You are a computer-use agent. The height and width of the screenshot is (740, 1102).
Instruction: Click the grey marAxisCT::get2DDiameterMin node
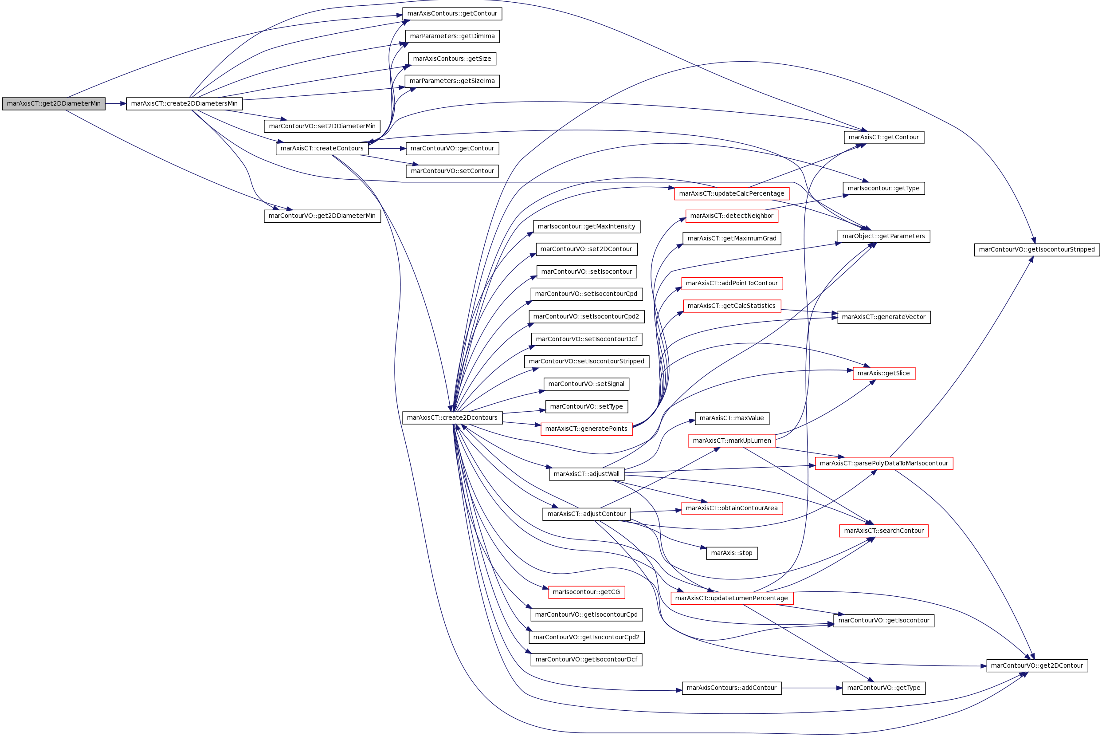54,104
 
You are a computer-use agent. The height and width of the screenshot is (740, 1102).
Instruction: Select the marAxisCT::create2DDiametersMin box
184,104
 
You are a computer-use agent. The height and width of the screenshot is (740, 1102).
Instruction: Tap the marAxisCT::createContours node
322,149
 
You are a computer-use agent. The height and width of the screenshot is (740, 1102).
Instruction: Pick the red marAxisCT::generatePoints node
586,429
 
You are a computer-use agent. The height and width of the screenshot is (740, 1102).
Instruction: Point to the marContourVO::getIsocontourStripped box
1037,250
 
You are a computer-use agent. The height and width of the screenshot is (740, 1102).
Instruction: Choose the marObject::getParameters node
883,236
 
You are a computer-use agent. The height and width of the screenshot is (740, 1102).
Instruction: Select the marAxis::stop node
732,553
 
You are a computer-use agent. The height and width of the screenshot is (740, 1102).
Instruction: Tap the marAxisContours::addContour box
732,688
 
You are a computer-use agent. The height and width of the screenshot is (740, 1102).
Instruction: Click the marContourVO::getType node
883,688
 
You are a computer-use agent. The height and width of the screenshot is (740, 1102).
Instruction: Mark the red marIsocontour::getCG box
586,592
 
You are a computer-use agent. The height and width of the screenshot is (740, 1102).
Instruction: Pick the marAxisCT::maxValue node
732,419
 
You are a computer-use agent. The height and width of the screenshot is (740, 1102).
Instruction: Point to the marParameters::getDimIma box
452,36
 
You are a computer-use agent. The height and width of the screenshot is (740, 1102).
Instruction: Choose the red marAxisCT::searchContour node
883,531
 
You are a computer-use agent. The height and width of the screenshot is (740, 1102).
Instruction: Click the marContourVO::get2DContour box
1037,666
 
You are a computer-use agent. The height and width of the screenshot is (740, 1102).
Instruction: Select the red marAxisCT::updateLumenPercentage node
732,598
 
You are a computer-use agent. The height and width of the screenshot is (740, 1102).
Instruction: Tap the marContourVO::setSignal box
586,384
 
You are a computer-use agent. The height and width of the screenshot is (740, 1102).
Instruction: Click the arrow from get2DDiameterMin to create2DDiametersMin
116,104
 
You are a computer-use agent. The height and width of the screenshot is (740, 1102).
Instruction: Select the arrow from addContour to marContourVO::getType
812,688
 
